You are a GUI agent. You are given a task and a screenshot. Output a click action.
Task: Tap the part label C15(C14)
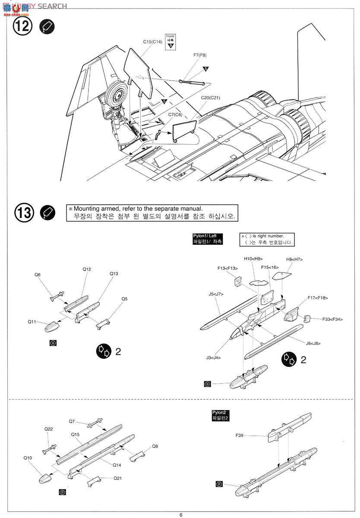(x=152, y=42)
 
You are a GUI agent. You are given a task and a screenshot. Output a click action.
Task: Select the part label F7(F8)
(x=200, y=55)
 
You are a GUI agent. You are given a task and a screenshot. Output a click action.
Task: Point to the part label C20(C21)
(x=210, y=98)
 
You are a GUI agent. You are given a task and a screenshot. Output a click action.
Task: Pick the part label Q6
(x=38, y=275)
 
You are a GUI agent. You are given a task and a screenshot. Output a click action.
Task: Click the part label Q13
(x=114, y=274)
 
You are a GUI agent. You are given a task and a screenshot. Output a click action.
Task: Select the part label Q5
(x=124, y=299)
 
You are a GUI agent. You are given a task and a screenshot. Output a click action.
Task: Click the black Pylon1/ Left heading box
(x=208, y=239)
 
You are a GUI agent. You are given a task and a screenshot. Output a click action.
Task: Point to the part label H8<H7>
(x=294, y=259)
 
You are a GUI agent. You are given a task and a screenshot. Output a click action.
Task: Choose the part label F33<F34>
(x=332, y=319)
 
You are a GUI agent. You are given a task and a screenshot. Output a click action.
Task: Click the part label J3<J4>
(x=213, y=357)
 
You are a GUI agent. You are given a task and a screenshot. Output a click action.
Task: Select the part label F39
(x=240, y=436)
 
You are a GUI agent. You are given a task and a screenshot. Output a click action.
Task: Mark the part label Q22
(x=48, y=429)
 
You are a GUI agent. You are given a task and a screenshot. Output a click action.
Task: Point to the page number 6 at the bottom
(x=181, y=515)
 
